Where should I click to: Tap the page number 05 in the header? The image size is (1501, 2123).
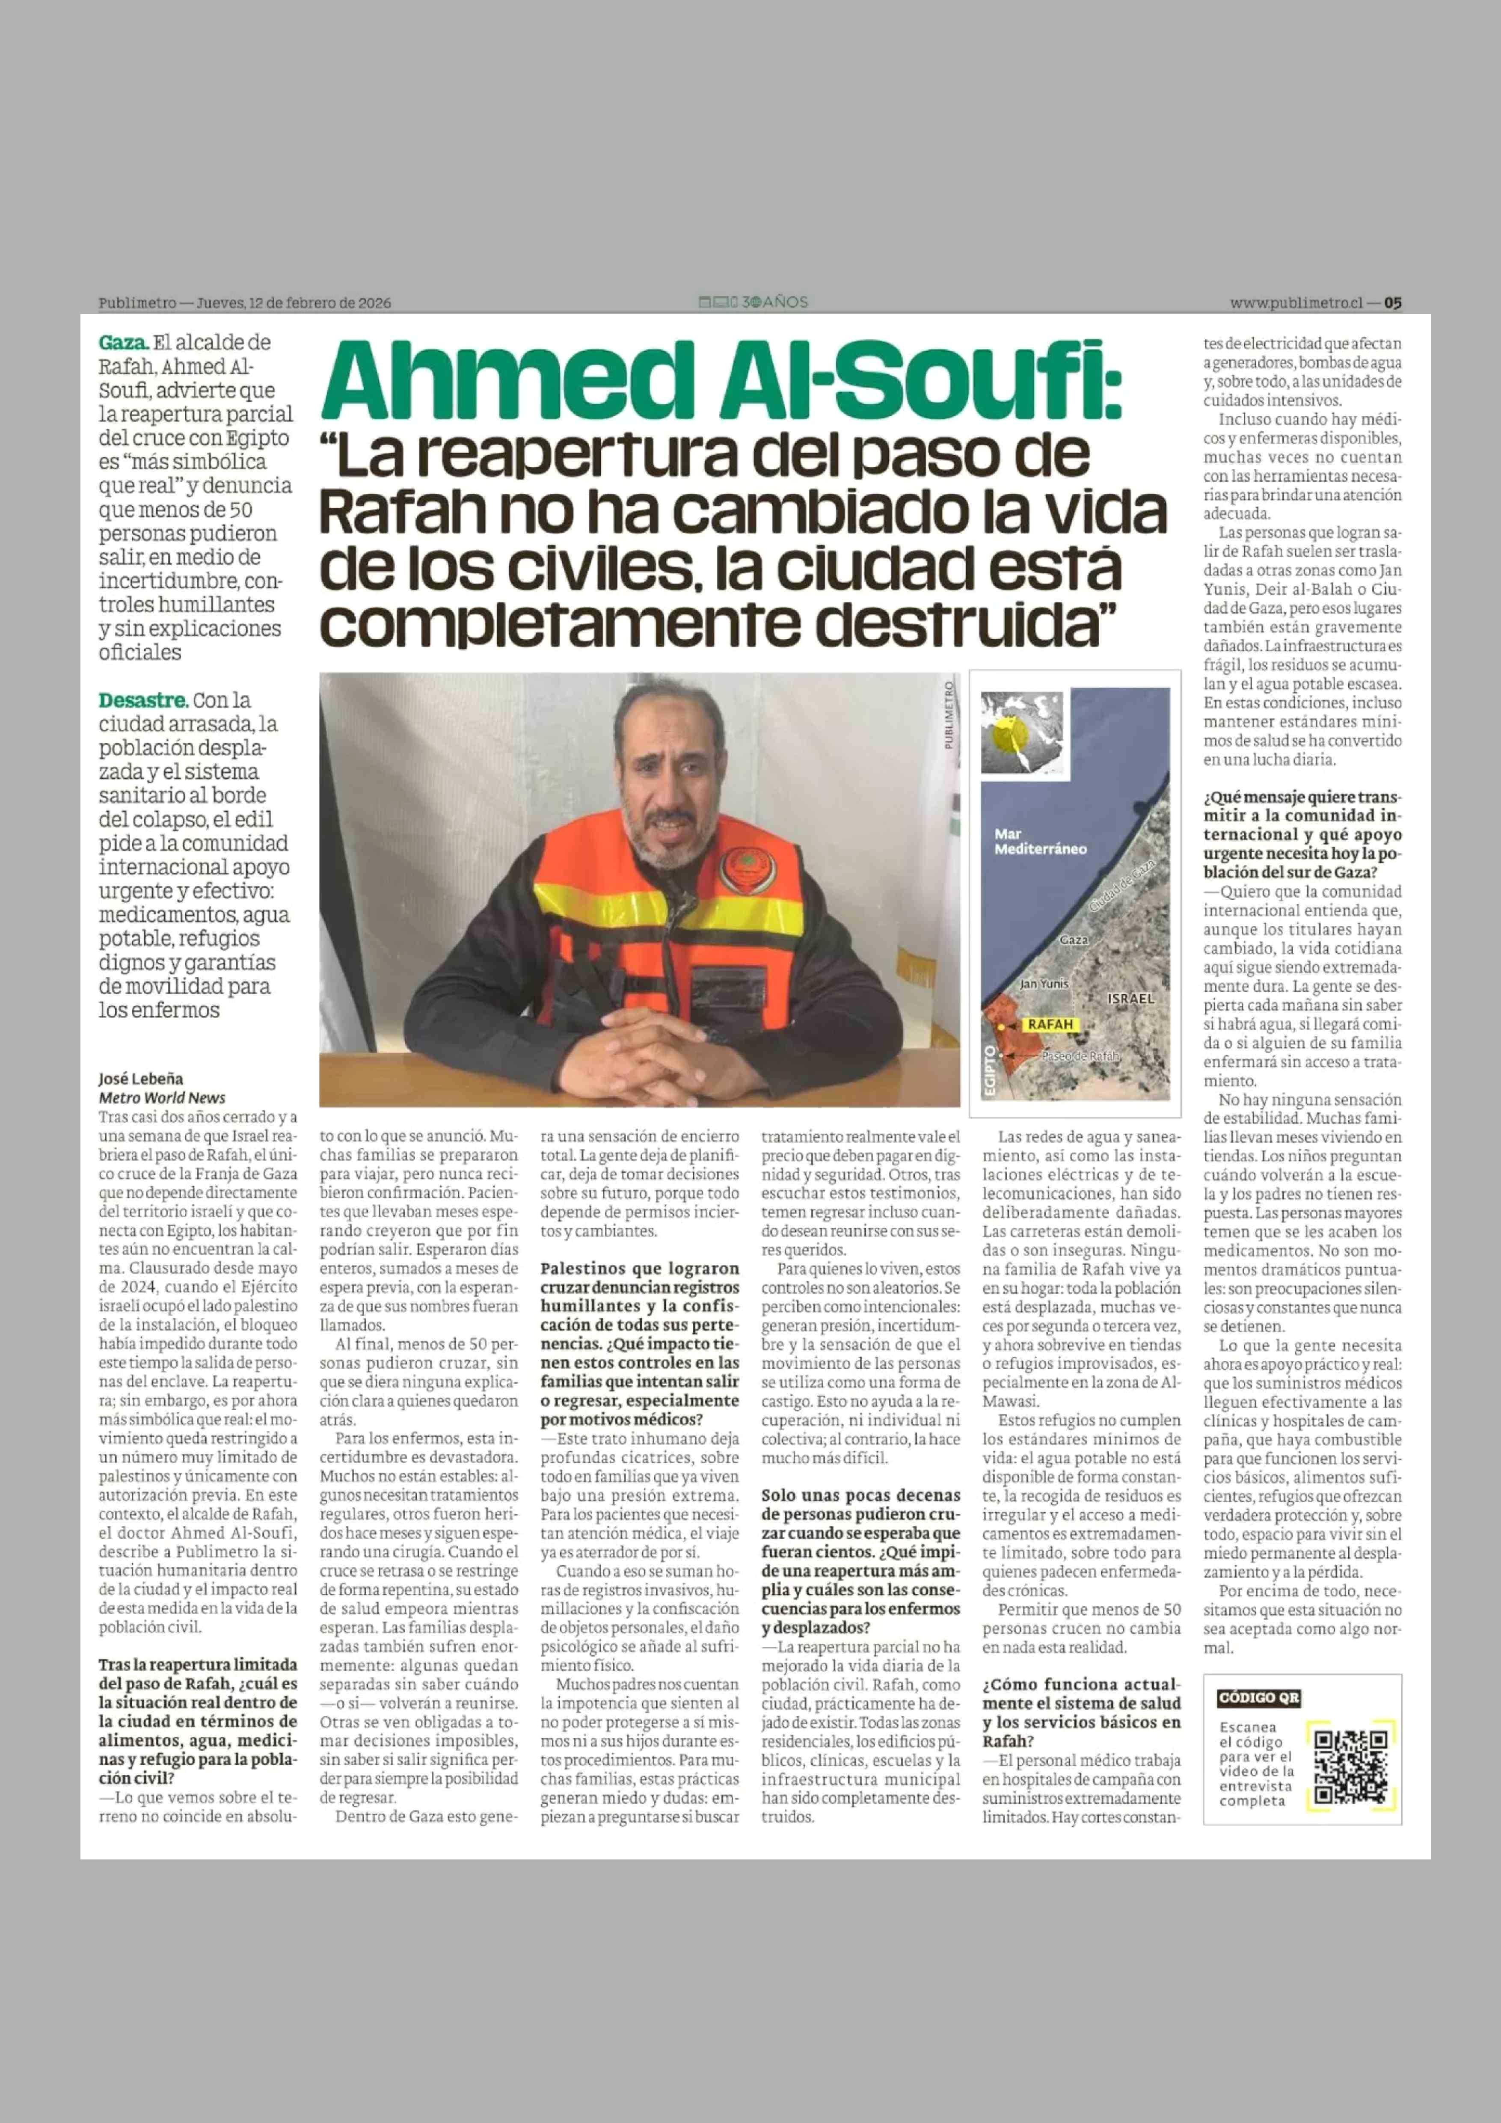[1393, 302]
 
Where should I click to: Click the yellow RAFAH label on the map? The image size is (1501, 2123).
[1050, 1025]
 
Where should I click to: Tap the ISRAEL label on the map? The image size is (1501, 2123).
[1130, 999]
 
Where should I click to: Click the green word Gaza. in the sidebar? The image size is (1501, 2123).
[123, 342]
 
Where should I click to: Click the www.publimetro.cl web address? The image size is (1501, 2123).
[1296, 302]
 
